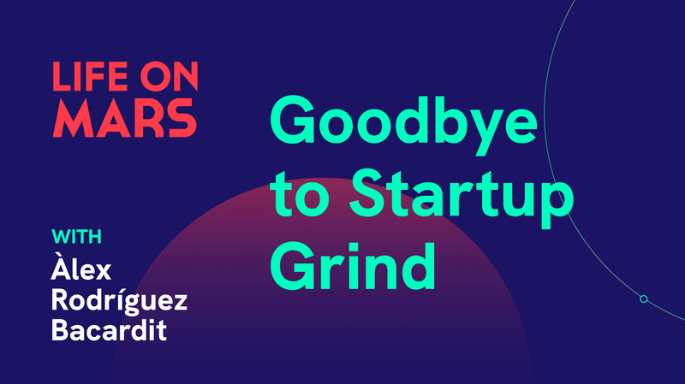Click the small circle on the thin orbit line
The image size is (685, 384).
pos(644,298)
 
